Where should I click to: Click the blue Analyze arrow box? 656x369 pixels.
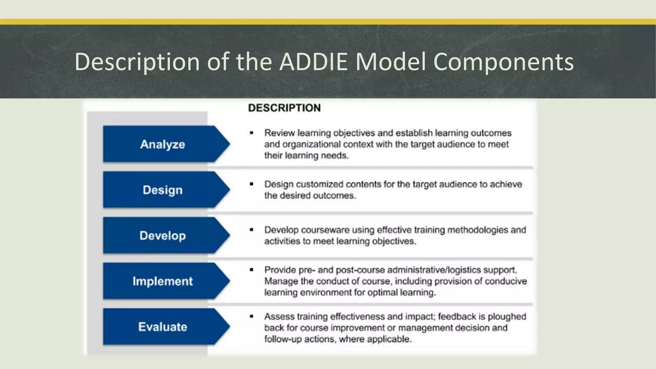coord(163,144)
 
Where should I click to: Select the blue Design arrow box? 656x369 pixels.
coord(163,190)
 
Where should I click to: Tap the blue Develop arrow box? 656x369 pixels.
coord(163,235)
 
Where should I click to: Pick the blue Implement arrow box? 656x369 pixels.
coord(163,281)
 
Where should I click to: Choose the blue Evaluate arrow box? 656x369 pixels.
coord(163,327)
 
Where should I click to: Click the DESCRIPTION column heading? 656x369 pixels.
coord(284,108)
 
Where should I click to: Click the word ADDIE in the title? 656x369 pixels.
coord(313,61)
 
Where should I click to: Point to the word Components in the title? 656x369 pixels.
coord(503,61)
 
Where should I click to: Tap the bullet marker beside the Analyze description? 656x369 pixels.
coord(251,133)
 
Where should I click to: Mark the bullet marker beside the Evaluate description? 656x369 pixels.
coord(251,316)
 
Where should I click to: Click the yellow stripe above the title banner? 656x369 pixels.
coord(328,22)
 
